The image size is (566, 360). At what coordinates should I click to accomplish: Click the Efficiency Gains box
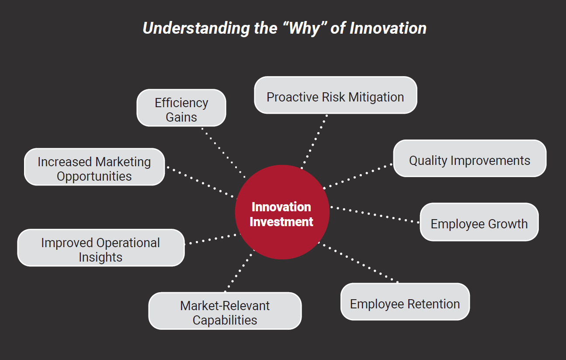tap(181, 108)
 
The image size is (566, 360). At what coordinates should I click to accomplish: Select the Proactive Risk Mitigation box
tap(335, 95)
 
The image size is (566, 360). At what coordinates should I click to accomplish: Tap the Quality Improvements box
tap(469, 158)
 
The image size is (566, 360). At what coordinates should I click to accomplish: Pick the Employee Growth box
tap(479, 222)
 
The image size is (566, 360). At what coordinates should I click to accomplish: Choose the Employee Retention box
tap(405, 302)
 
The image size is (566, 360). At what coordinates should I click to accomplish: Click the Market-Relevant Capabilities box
tap(225, 311)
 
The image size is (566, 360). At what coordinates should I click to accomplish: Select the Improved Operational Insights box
tap(101, 248)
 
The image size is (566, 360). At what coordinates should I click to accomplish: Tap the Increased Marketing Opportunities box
tap(94, 167)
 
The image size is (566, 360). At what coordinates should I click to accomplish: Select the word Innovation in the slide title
tap(388, 28)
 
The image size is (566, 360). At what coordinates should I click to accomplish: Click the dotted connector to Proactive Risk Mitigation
tap(314, 141)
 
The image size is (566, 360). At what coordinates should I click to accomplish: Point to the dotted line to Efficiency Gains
tap(223, 152)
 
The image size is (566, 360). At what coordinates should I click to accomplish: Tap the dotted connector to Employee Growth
tap(375, 214)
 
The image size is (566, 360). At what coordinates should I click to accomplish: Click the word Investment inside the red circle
tap(281, 222)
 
